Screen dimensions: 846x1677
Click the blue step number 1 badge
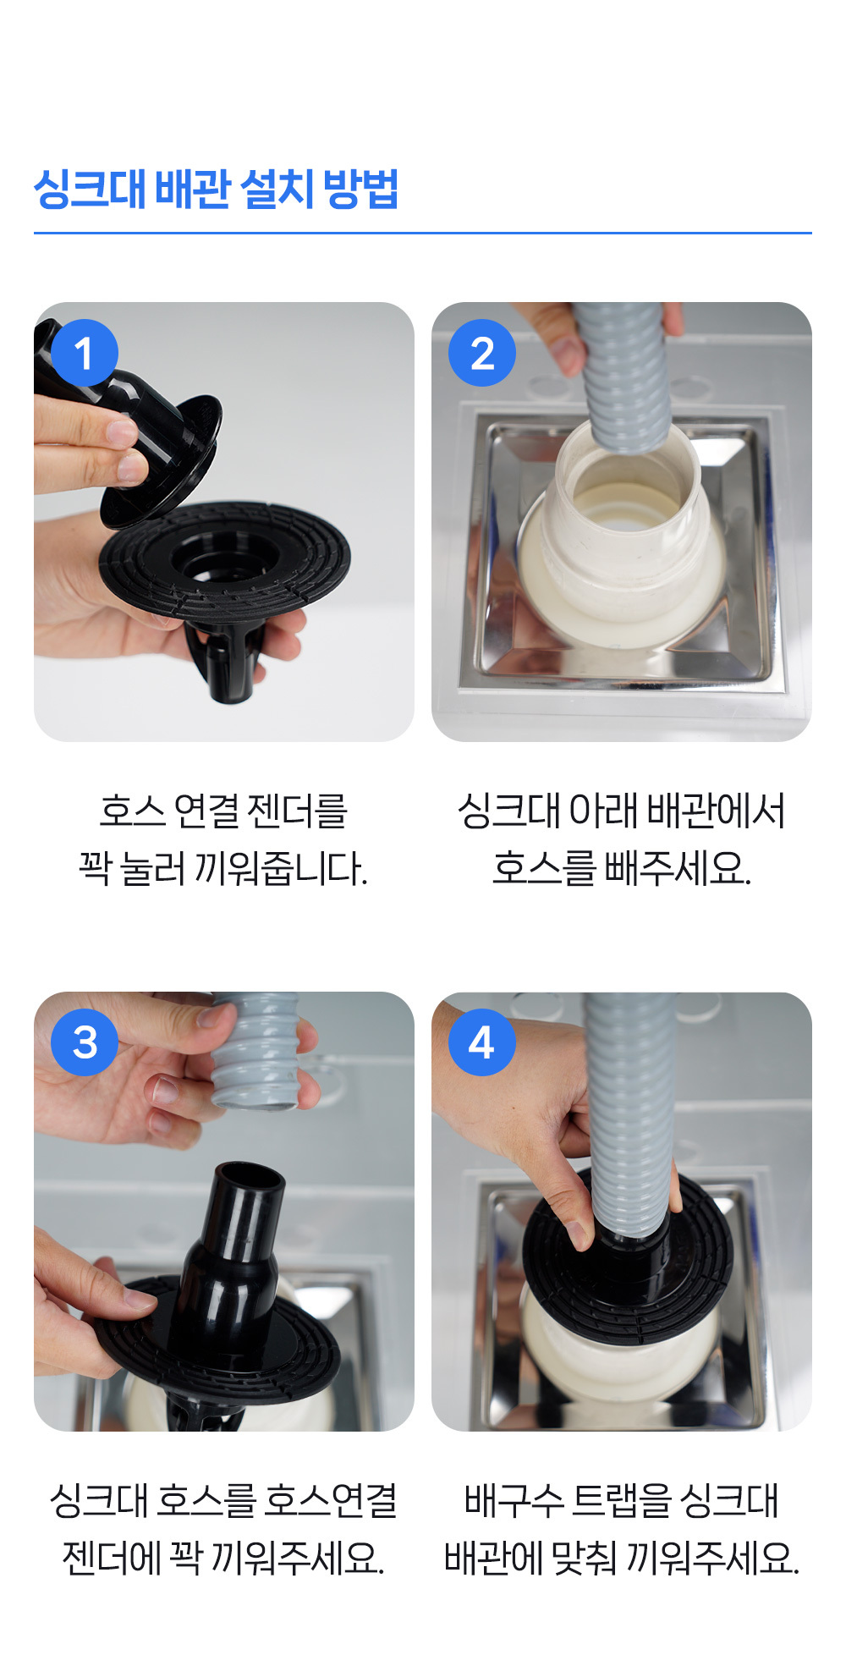click(x=85, y=353)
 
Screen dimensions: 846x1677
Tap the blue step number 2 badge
click(x=482, y=353)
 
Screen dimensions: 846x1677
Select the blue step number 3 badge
click(x=85, y=1042)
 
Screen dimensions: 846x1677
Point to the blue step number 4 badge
click(x=482, y=1042)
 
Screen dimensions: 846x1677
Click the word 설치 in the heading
click(x=278, y=189)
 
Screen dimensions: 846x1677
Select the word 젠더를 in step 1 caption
click(x=298, y=811)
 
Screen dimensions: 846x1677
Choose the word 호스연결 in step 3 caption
click(x=331, y=1500)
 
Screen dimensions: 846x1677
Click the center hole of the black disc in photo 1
click(x=224, y=558)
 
